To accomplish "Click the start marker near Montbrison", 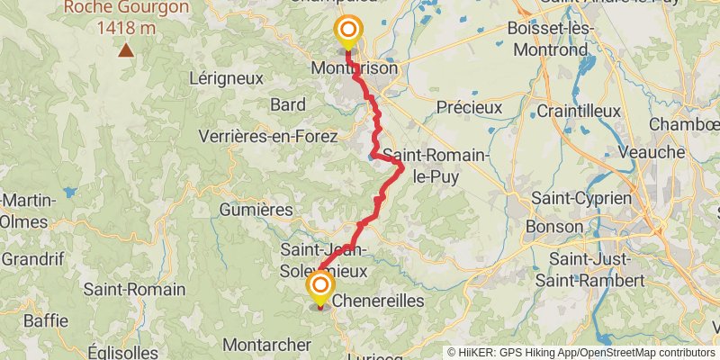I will coord(347,31).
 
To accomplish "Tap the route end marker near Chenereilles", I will coord(320,288).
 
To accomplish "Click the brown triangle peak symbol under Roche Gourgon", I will coord(126,50).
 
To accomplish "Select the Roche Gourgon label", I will coord(126,7).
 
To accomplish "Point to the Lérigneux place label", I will coord(227,77).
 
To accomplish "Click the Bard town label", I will coord(288,104).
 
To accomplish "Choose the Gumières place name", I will coord(256,210).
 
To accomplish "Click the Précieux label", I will coord(469,107).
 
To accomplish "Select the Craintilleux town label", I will coord(579,111).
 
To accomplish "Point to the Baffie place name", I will coord(46,320).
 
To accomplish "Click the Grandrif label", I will coord(31,259).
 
